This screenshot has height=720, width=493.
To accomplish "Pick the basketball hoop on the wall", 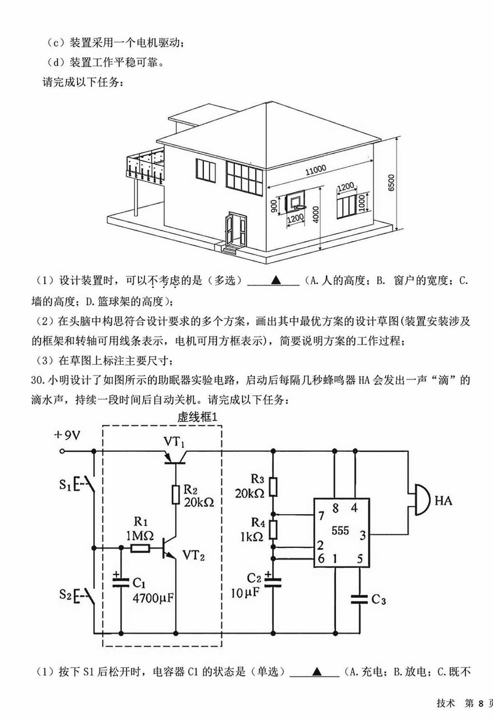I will click(296, 202).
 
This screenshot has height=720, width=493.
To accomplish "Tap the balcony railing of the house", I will click(145, 165).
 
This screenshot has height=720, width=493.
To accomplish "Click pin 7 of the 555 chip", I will click(320, 515).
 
